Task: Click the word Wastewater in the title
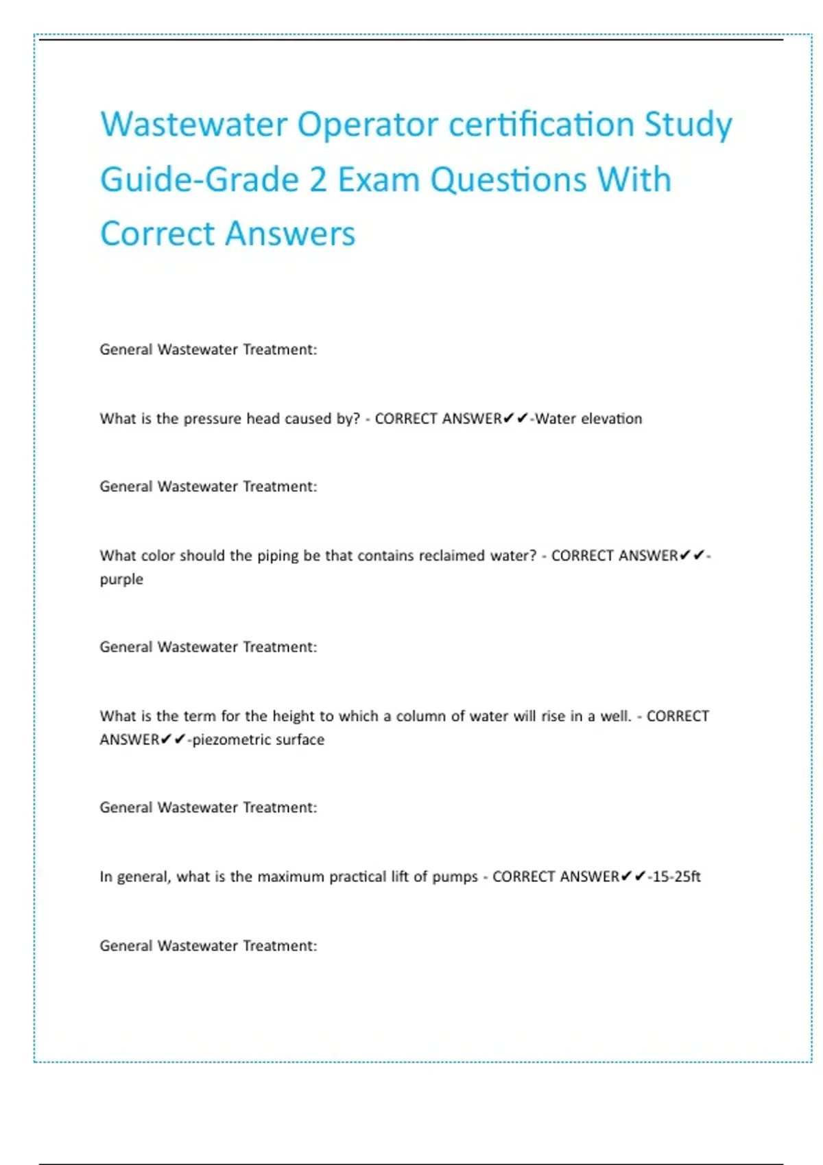pyautogui.click(x=193, y=125)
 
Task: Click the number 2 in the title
pyautogui.click(x=318, y=180)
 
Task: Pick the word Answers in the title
pyautogui.click(x=290, y=234)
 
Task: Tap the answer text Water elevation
pyautogui.click(x=588, y=419)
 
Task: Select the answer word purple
pyautogui.click(x=121, y=580)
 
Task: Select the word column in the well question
pyautogui.click(x=420, y=716)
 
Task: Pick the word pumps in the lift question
pyautogui.click(x=455, y=877)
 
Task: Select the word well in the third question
pyautogui.click(x=615, y=716)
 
